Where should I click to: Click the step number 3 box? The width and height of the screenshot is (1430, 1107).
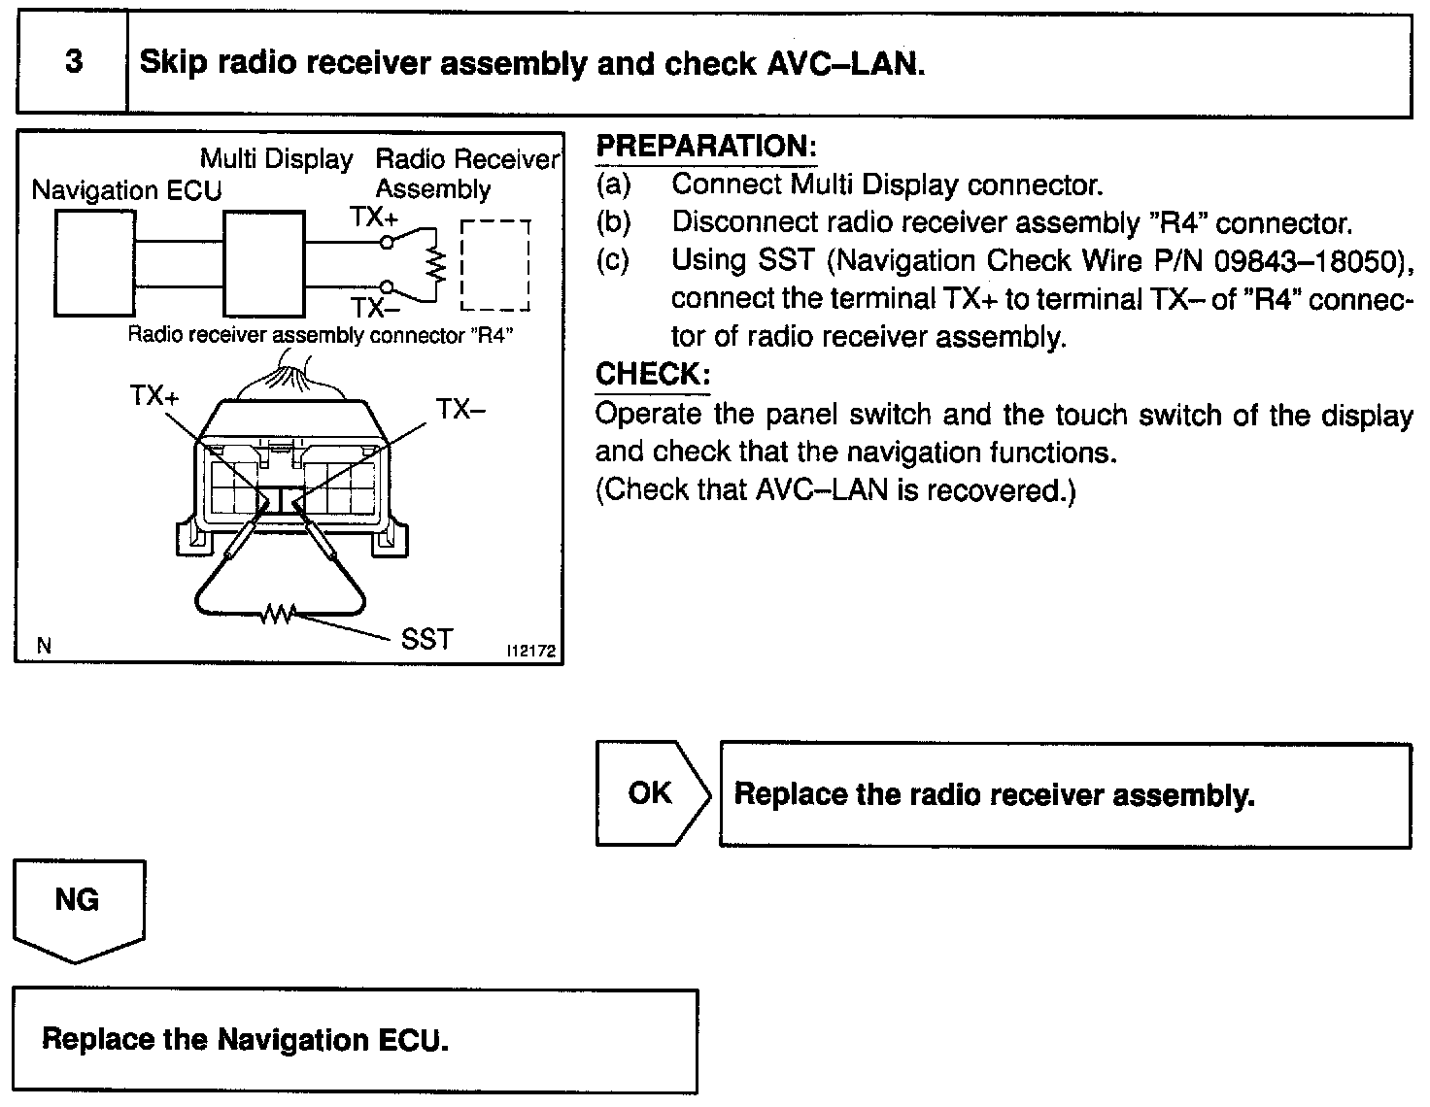[x=72, y=64]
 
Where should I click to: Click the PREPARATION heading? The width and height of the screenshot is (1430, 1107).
[x=705, y=147]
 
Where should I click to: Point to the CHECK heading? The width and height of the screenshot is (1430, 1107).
[x=652, y=375]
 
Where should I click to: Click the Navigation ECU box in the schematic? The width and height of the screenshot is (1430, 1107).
[x=94, y=262]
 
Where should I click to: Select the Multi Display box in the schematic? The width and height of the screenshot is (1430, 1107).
[x=264, y=262]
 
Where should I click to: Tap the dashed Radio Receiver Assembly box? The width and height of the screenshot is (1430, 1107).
[x=495, y=264]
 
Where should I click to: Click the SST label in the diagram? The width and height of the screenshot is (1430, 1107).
[x=426, y=639]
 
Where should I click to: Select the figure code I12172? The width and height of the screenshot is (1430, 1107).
[x=531, y=652]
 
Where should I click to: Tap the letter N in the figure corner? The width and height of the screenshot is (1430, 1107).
[x=43, y=646]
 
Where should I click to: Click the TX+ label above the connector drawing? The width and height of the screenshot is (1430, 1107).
[x=153, y=396]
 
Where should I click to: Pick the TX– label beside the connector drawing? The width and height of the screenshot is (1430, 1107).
[x=460, y=409]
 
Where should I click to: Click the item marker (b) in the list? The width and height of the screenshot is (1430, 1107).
[x=614, y=222]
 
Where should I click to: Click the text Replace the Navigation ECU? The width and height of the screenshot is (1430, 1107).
[x=245, y=1040]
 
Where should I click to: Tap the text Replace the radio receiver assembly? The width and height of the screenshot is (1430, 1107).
[x=994, y=794]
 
